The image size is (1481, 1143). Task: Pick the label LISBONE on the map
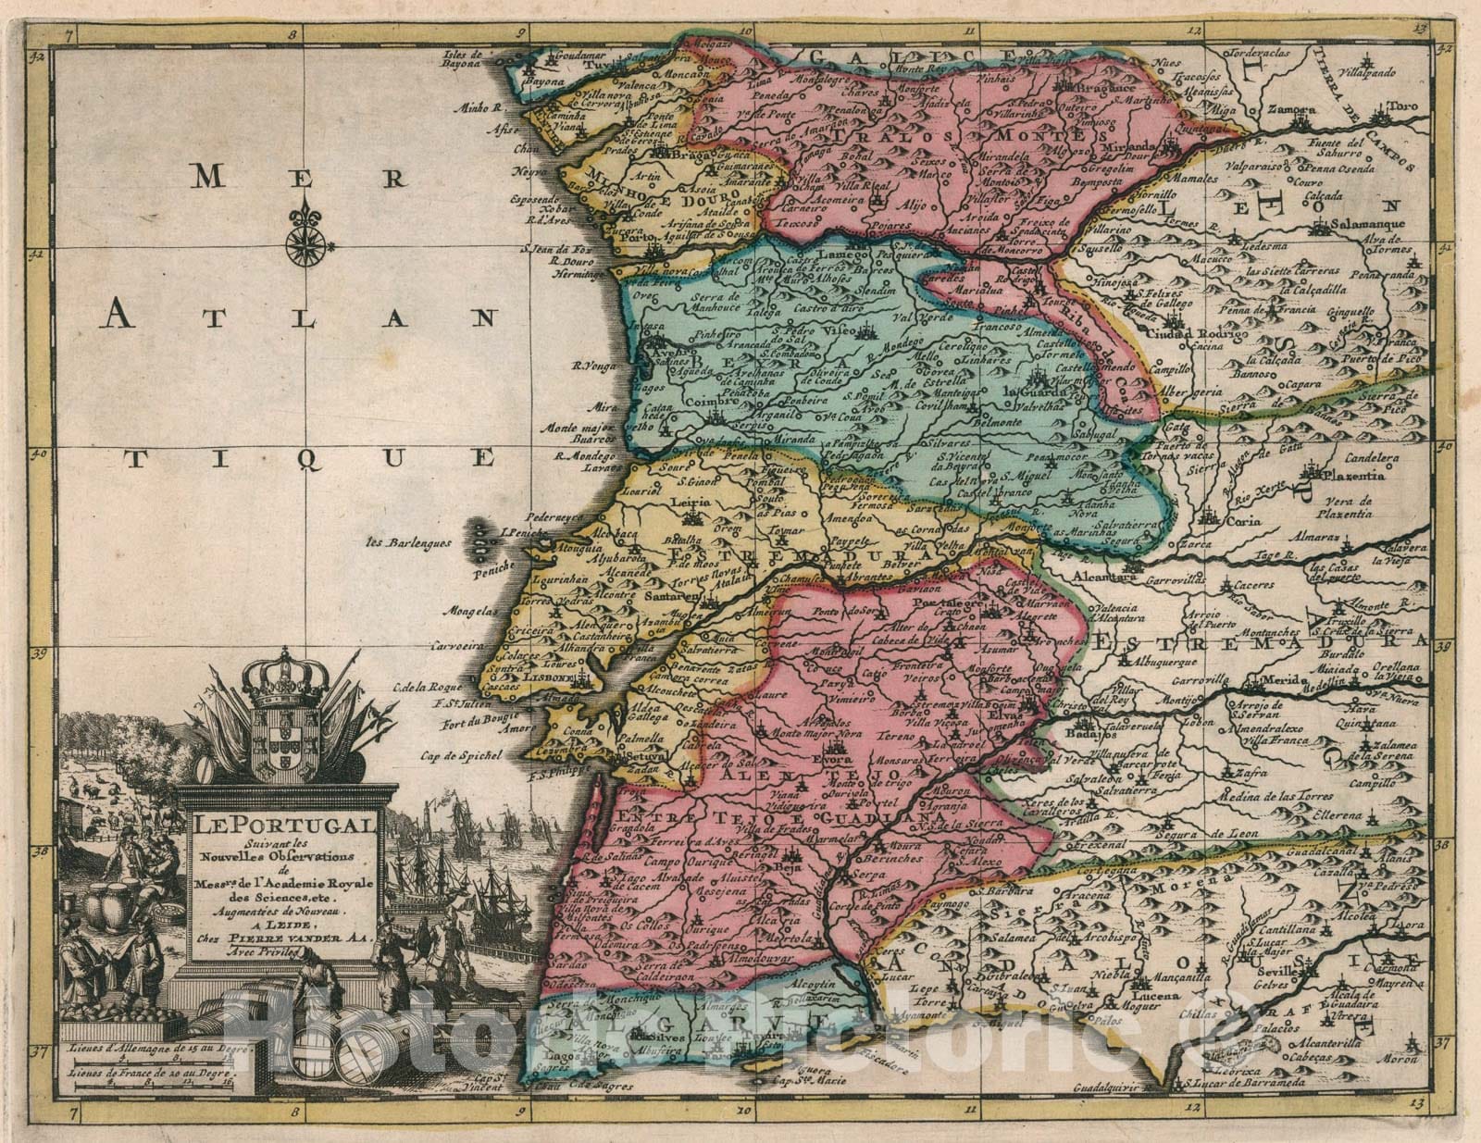tap(549, 678)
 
